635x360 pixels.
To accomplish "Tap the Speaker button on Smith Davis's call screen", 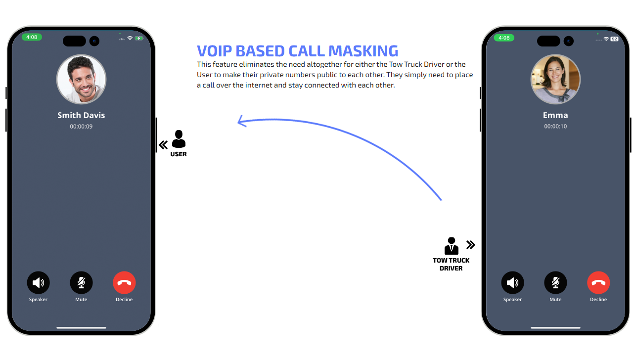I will pyautogui.click(x=38, y=283).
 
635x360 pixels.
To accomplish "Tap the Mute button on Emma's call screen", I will pyautogui.click(x=555, y=283).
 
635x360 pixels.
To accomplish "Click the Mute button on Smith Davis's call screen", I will pyautogui.click(x=81, y=283).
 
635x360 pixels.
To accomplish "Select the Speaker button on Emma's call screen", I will pyautogui.click(x=512, y=283).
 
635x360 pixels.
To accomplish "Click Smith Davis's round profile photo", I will pyautogui.click(x=81, y=80).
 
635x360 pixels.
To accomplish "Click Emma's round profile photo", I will pyautogui.click(x=555, y=80).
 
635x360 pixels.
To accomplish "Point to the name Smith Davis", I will pyautogui.click(x=81, y=115).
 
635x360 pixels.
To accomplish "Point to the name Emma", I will pyautogui.click(x=555, y=115).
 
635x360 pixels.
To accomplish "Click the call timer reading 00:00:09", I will pyautogui.click(x=81, y=127).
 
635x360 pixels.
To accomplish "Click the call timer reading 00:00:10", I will pyautogui.click(x=555, y=127).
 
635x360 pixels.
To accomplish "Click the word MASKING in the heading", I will pyautogui.click(x=363, y=51).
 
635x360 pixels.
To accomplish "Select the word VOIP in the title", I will pyautogui.click(x=215, y=51).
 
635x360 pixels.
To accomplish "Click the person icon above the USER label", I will pyautogui.click(x=179, y=139).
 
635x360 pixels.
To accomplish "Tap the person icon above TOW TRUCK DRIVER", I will pyautogui.click(x=451, y=246).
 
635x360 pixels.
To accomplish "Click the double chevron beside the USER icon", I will pyautogui.click(x=163, y=145).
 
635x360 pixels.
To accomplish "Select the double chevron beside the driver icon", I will pyautogui.click(x=471, y=245).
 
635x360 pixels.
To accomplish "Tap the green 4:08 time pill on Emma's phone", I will pyautogui.click(x=504, y=38).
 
